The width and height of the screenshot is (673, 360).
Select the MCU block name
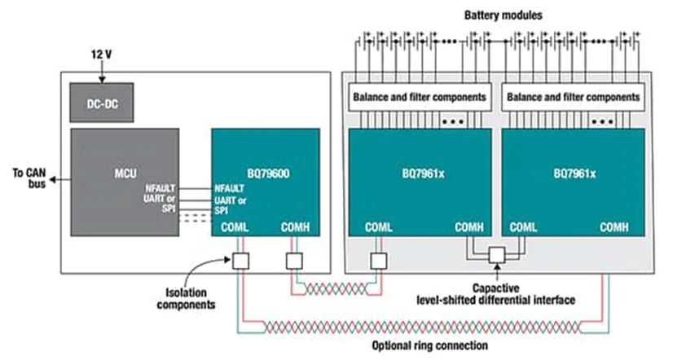(124, 173)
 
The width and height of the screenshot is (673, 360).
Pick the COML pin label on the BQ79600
(237, 227)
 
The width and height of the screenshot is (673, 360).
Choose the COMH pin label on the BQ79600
(294, 227)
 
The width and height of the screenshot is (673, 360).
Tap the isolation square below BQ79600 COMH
(294, 261)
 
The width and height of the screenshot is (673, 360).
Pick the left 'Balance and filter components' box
(420, 97)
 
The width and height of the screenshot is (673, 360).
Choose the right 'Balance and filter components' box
(574, 97)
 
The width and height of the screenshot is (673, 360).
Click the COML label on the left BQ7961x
(380, 227)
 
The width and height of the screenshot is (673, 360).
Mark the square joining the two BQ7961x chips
(497, 257)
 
